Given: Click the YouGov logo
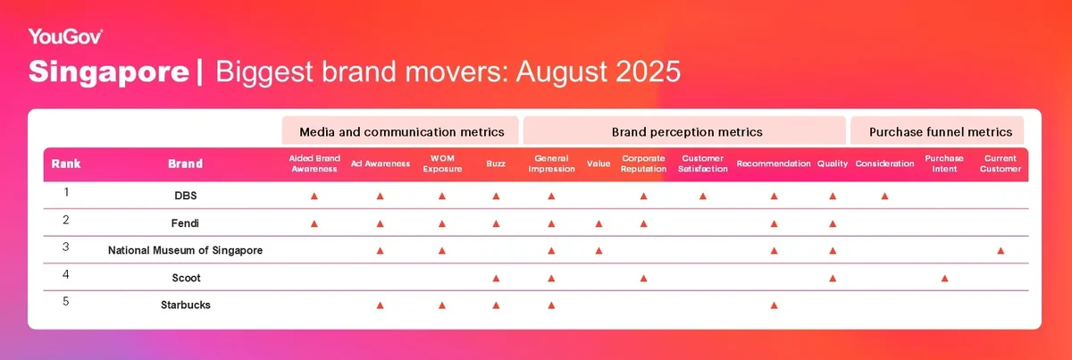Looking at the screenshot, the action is pyautogui.click(x=65, y=37).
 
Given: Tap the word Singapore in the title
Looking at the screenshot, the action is pyautogui.click(x=109, y=71).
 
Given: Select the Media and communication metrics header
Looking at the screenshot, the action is pyautogui.click(x=401, y=132).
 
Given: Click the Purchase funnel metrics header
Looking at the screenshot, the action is pyautogui.click(x=941, y=132).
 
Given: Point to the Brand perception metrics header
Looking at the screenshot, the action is pyautogui.click(x=687, y=132).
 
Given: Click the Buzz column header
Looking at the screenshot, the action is pyautogui.click(x=496, y=163).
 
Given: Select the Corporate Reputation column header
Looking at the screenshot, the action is pyautogui.click(x=643, y=163).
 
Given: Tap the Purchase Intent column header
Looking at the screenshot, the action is pyautogui.click(x=944, y=163).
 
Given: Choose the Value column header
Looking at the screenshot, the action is pyautogui.click(x=599, y=163).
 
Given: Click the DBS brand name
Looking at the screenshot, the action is pyautogui.click(x=186, y=196).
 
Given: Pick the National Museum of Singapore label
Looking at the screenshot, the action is pyautogui.click(x=185, y=250).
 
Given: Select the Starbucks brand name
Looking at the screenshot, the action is pyautogui.click(x=186, y=305).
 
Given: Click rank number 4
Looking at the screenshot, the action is pyautogui.click(x=66, y=275).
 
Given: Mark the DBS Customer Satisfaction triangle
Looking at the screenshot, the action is pyautogui.click(x=702, y=196).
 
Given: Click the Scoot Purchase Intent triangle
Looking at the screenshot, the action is pyautogui.click(x=944, y=278).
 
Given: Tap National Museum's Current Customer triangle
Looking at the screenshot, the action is pyautogui.click(x=1001, y=251).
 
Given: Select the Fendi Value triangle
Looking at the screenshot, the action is pyautogui.click(x=599, y=223).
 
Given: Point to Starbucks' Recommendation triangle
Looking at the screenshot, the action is pyautogui.click(x=774, y=306).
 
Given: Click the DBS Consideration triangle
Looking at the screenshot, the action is pyautogui.click(x=884, y=196).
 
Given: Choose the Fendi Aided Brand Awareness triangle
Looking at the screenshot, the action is pyautogui.click(x=314, y=223).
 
